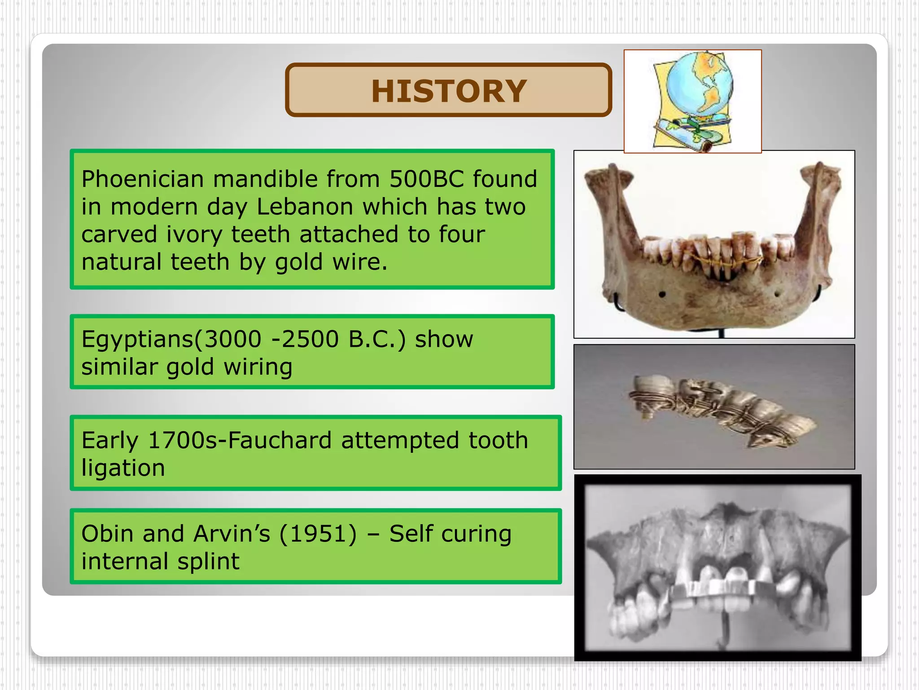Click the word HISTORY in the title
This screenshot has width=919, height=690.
[448, 91]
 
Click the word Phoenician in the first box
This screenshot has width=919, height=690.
[142, 179]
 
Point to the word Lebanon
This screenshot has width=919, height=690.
[305, 207]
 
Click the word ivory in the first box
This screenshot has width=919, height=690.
[194, 235]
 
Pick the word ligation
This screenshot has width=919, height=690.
[123, 468]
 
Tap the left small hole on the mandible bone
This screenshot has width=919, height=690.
[662, 295]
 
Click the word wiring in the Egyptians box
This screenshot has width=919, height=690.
[258, 367]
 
